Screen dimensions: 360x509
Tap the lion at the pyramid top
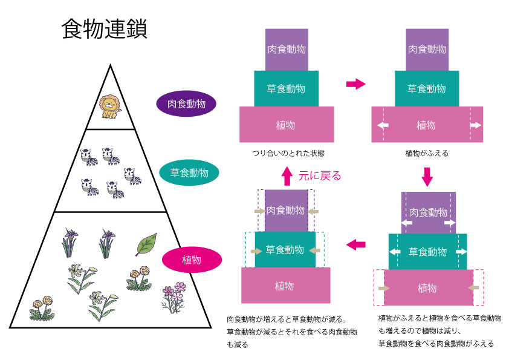(109, 107)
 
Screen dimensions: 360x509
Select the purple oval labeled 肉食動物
(186, 103)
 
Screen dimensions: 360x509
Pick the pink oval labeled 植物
(191, 260)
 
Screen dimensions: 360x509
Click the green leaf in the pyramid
(145, 244)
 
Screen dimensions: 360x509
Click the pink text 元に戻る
(320, 176)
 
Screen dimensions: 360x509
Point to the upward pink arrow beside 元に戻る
(287, 176)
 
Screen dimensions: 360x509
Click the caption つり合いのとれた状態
(287, 154)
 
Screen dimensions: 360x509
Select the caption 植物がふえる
(427, 154)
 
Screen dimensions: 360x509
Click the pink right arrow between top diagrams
(356, 84)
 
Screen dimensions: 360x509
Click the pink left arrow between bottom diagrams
(356, 244)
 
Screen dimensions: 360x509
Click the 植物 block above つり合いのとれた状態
(287, 125)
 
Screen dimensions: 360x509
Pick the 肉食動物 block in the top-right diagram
(427, 49)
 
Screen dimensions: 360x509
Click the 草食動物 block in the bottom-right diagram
(427, 251)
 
